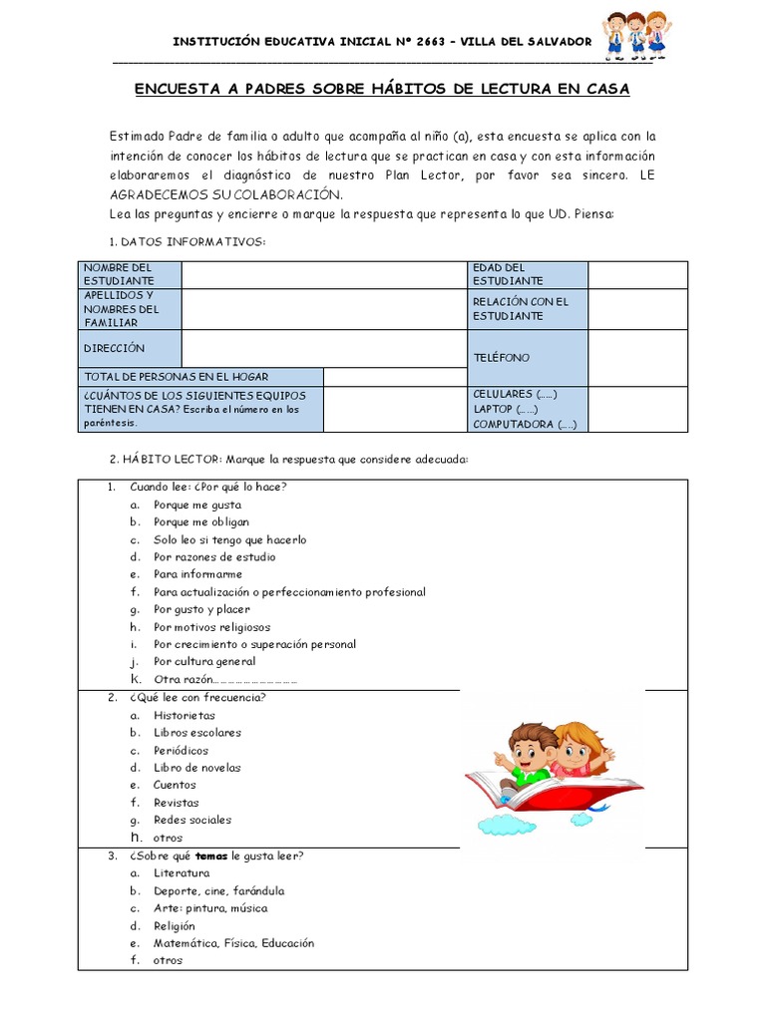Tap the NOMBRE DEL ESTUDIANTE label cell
click(x=130, y=274)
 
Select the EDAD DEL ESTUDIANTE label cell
click(x=527, y=274)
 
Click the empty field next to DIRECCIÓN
click(x=324, y=348)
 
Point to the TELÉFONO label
click(x=502, y=357)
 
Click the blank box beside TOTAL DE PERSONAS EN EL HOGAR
click(x=395, y=377)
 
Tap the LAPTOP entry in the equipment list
click(x=506, y=409)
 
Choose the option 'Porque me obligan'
click(x=201, y=521)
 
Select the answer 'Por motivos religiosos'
click(x=211, y=627)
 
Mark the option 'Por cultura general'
click(x=204, y=662)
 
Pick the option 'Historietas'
click(x=185, y=715)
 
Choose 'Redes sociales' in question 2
click(x=192, y=820)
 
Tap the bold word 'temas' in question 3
click(x=210, y=855)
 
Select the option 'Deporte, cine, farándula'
click(x=218, y=890)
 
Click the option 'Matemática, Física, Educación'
click(x=233, y=942)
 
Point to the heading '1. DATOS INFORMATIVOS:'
click(x=186, y=242)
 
